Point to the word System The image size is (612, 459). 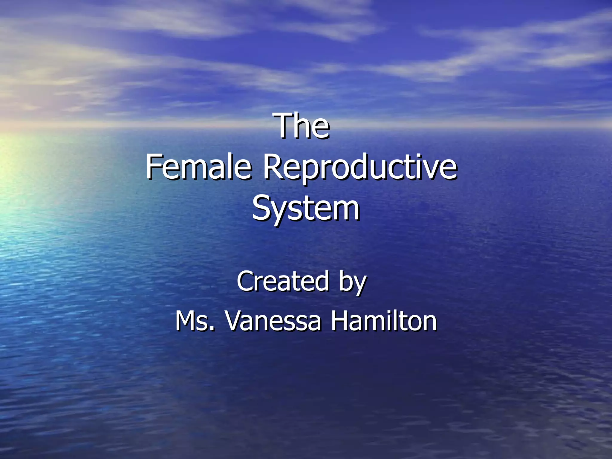pyautogui.click(x=306, y=208)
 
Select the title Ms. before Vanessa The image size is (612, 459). pyautogui.click(x=194, y=321)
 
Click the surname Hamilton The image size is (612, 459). pyautogui.click(x=384, y=321)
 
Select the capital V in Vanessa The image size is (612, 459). pyautogui.click(x=234, y=321)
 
